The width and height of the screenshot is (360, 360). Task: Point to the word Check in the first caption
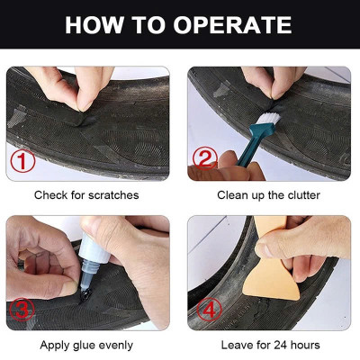(x=50, y=194)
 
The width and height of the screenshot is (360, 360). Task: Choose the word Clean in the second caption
(x=233, y=194)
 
